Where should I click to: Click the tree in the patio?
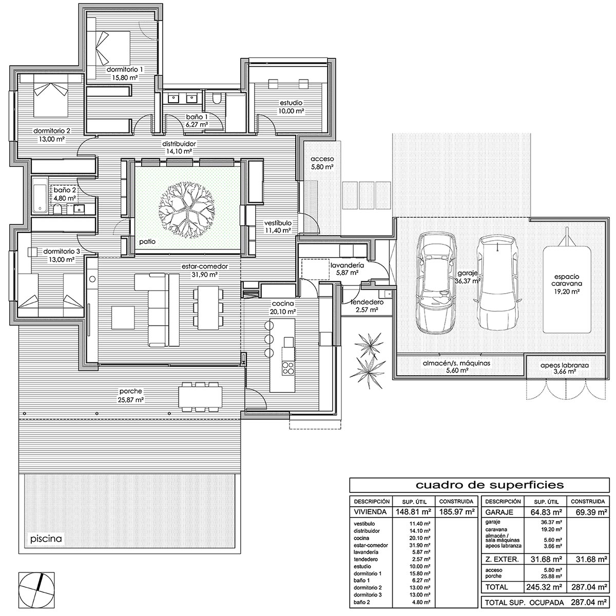187,210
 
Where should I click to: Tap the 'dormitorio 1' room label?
125,69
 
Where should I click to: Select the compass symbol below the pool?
36,590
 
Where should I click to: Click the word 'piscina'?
46,539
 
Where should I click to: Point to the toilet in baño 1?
217,99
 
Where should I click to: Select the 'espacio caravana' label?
566,280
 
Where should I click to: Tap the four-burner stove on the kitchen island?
288,368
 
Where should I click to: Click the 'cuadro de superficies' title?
489,485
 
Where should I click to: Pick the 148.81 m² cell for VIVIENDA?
414,512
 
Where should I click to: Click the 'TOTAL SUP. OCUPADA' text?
524,603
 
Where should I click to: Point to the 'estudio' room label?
291,103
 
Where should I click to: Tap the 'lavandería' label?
347,265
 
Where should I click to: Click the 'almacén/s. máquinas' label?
456,363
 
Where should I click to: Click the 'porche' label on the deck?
131,391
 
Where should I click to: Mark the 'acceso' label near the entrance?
322,159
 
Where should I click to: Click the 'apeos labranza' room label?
565,365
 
